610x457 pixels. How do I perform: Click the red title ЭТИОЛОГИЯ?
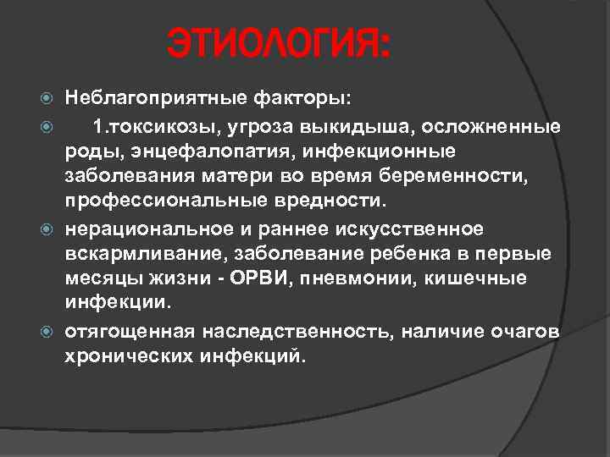click(x=279, y=44)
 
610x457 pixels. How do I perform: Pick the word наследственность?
click(x=294, y=332)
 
